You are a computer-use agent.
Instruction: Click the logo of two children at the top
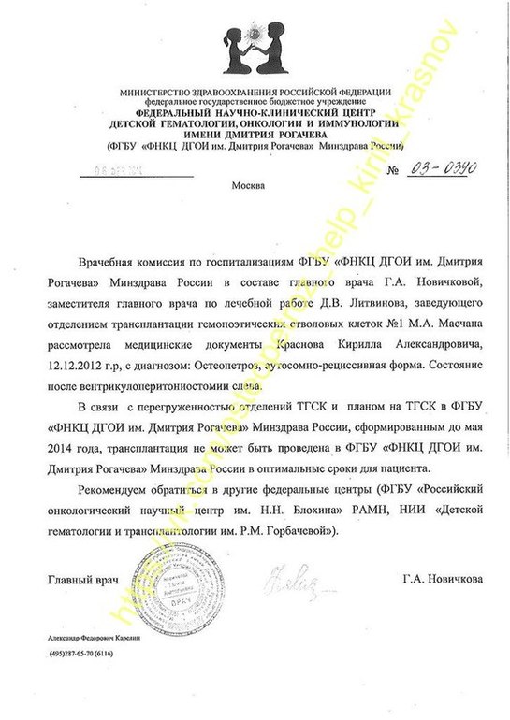point(255,47)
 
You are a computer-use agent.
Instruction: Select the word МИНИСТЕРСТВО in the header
point(154,92)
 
